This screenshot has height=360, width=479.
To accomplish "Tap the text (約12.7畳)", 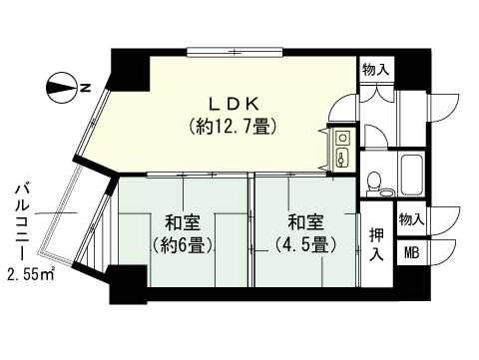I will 232,127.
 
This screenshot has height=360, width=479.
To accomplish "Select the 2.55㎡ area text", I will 31,274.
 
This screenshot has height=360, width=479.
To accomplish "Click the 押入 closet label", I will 375,245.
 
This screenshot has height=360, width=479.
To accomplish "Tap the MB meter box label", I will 411,253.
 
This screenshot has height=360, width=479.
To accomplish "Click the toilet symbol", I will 374,182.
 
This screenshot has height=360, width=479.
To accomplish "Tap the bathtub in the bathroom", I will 411,175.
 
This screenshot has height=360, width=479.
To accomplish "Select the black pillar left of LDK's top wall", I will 128,67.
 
